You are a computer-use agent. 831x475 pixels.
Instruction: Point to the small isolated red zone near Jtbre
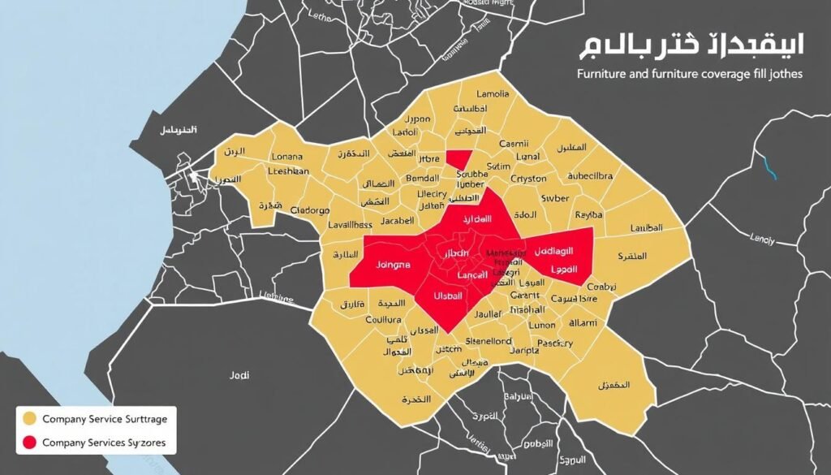[x=459, y=159]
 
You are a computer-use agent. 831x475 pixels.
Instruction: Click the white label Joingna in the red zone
[x=394, y=265]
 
